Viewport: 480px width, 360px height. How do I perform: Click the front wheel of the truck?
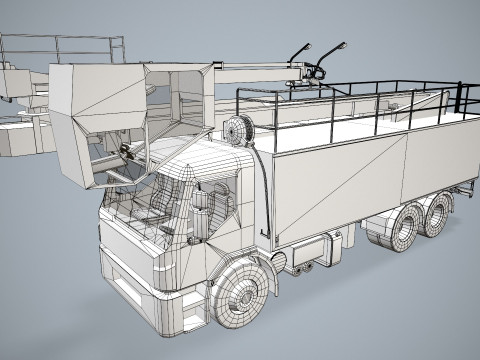tap(242, 296)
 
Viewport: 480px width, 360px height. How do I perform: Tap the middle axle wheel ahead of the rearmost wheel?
tap(401, 231)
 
